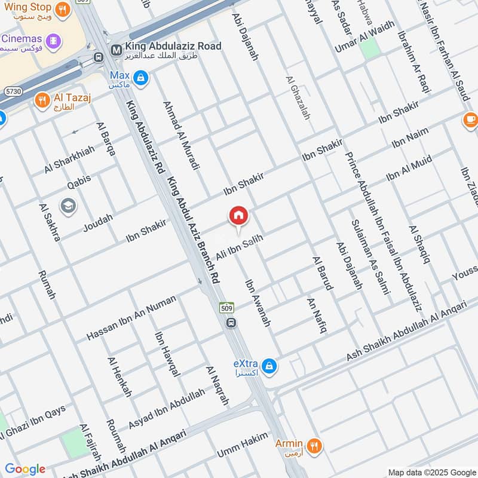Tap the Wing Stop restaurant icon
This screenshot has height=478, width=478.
(62, 10)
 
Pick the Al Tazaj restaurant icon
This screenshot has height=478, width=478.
(42, 99)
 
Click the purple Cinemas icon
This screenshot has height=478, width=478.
(55, 41)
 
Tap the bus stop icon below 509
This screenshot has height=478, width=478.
(231, 323)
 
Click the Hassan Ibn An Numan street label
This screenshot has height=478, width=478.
(131, 318)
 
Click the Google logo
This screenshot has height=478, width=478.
(25, 469)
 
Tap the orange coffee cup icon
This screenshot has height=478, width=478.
(470, 120)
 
